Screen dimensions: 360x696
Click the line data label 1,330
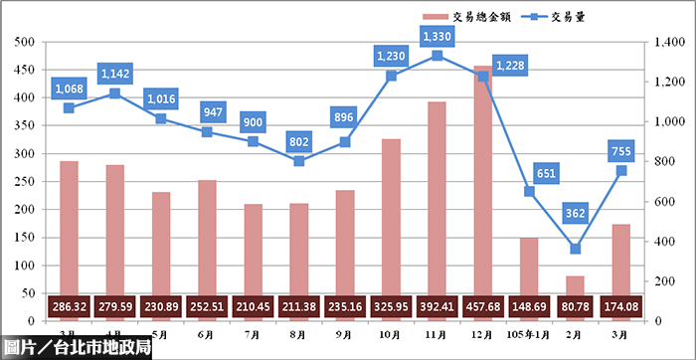tap(437, 37)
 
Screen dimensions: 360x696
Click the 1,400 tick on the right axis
tap(669, 42)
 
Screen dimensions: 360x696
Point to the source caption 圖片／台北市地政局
tap(77, 347)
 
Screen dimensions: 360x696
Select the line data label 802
tap(299, 142)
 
